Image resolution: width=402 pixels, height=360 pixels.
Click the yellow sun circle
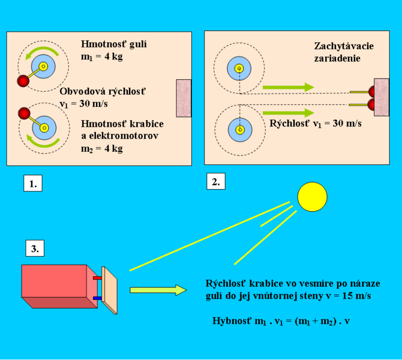pos(312,197)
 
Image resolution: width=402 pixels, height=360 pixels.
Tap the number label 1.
pos(33,184)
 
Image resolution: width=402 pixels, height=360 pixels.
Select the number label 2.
pos(216,181)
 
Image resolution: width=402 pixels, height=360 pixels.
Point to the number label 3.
pos(35,248)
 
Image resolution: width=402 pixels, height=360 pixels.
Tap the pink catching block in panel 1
pos(184,98)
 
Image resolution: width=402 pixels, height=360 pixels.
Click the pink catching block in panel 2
pos(382,97)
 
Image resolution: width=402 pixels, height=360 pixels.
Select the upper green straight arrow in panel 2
pos(289,87)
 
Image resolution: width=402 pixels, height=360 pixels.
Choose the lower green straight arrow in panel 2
pos(289,113)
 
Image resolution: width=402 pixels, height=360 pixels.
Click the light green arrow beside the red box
pos(158,290)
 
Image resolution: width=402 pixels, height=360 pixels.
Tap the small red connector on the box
pos(97,278)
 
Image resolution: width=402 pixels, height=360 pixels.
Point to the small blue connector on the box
pos(97,298)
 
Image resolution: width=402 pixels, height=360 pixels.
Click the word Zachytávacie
pos(344,46)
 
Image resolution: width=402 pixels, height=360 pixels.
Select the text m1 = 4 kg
pos(102,56)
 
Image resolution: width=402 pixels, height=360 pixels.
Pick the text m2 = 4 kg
pos(102,148)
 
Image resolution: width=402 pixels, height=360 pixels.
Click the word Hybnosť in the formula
pos(232,321)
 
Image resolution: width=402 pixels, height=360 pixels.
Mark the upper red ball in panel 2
pos(371,91)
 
